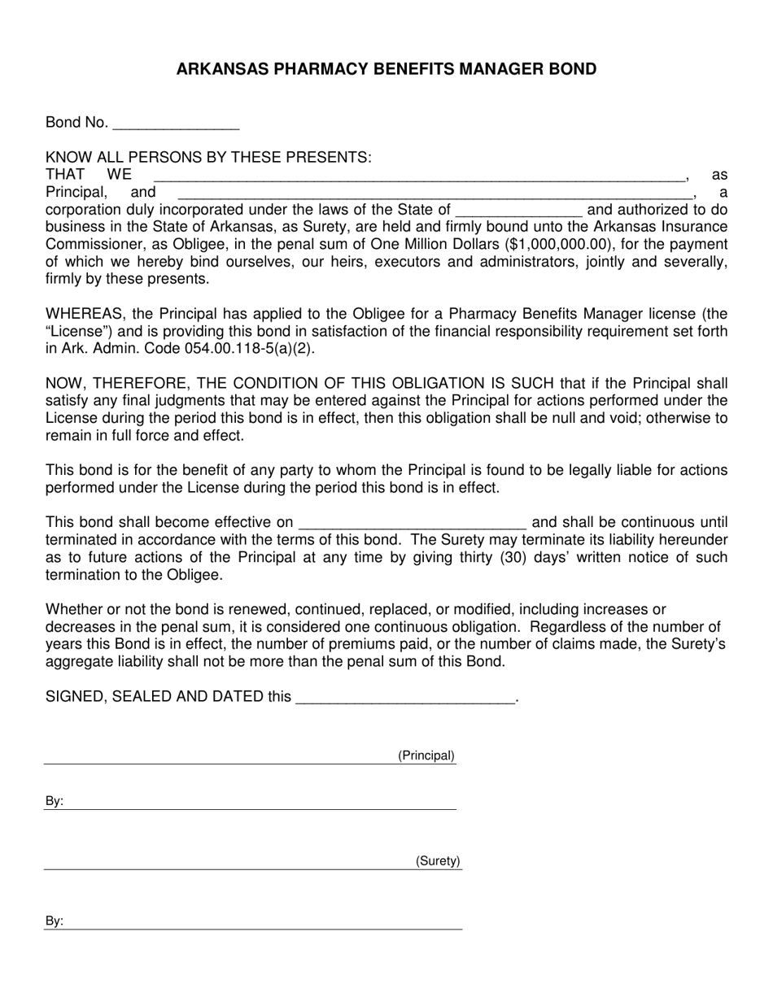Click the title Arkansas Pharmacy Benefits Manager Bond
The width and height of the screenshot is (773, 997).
386,69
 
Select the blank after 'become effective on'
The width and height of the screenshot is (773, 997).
413,523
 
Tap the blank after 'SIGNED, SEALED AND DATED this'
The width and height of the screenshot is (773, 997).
405,698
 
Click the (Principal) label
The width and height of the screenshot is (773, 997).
426,755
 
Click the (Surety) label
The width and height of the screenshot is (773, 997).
438,861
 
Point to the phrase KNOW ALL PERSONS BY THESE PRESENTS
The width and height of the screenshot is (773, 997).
208,158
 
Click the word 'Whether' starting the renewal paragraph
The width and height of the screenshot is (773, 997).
74,609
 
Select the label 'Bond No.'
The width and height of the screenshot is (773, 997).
76,123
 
